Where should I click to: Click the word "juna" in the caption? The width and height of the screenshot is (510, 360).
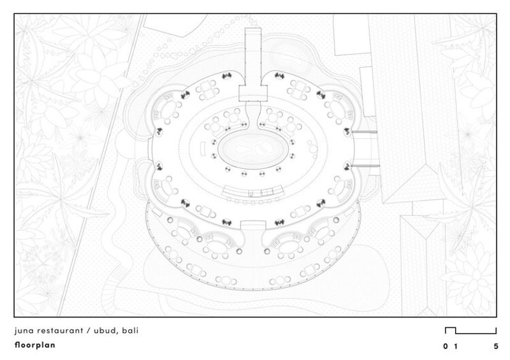click(x=24, y=331)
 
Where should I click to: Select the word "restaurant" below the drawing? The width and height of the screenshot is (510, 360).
click(x=61, y=331)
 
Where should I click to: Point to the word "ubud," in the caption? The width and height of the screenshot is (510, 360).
click(x=106, y=331)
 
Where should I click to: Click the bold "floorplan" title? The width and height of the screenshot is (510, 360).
click(x=35, y=345)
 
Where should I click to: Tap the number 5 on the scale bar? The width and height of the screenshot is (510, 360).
click(x=496, y=347)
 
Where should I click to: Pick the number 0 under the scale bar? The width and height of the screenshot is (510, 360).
click(x=445, y=347)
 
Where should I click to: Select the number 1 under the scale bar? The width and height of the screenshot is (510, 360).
click(x=456, y=347)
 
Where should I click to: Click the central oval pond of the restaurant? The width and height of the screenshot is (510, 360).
click(x=252, y=151)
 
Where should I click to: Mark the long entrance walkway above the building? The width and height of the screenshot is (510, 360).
click(x=252, y=57)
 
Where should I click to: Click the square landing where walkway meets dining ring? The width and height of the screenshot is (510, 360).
click(x=252, y=93)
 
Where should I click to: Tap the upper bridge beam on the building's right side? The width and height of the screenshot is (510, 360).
click(x=364, y=132)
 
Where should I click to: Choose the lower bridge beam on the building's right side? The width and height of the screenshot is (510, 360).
click(x=365, y=166)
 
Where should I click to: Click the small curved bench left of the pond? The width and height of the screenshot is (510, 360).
click(x=203, y=149)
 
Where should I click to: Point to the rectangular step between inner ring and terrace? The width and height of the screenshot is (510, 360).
click(x=253, y=225)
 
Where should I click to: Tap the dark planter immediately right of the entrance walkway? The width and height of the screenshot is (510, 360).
click(x=279, y=76)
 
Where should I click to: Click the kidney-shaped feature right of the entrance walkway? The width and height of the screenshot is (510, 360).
click(x=286, y=59)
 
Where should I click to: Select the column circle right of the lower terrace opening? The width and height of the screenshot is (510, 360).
click(x=267, y=251)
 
